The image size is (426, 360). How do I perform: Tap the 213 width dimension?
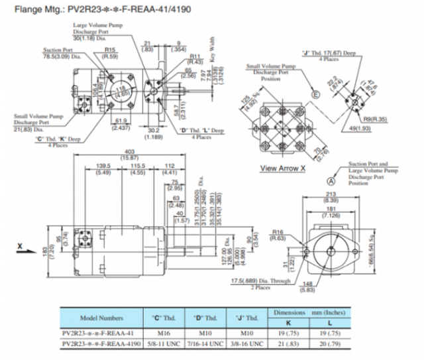(x=329, y=194)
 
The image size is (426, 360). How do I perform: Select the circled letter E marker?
(x=316, y=95)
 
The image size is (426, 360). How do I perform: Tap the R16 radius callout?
(x=278, y=231)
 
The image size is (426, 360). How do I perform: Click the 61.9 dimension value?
(x=120, y=123)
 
